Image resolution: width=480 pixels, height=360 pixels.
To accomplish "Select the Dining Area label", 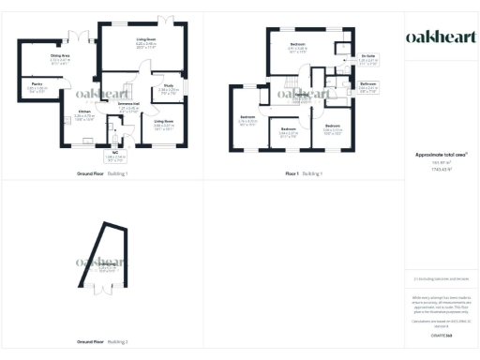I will click(60, 57).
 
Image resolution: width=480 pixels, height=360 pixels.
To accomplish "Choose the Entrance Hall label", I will click(127, 105).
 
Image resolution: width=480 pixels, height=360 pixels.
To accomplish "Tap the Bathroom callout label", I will click(368, 85).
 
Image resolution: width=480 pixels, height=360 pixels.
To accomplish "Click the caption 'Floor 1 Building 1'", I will click(304, 173).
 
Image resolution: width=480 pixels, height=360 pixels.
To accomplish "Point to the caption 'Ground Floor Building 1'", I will click(101, 173).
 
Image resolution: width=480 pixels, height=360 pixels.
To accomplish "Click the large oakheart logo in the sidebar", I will click(439, 37).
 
